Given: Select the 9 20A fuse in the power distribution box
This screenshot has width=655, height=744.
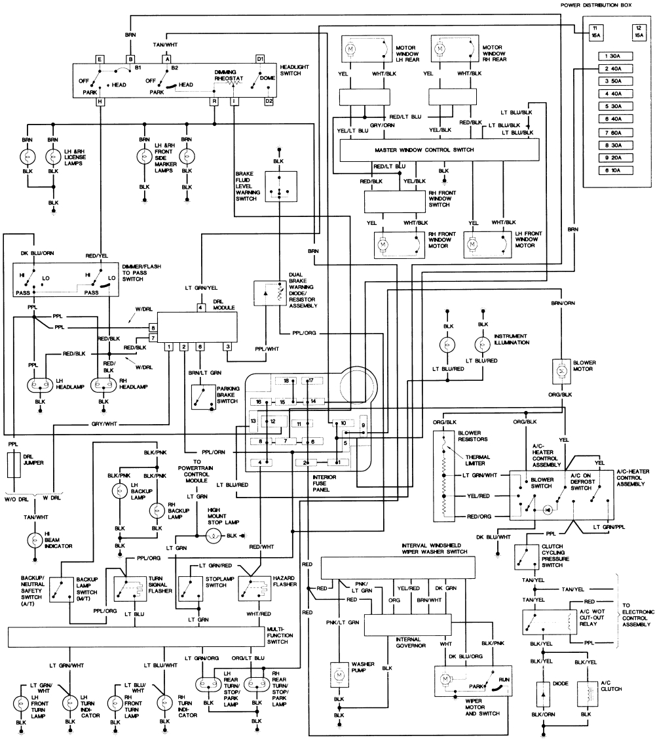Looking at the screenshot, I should pos(614,158).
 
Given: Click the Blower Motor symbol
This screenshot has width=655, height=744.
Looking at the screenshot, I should pos(562,369).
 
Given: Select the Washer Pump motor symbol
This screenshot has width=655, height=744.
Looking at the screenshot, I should pos(339,674).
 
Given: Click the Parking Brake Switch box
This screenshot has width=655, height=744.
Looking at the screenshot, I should pos(202,397).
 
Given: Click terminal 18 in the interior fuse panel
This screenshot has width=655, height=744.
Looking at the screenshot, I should pos(286,381).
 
